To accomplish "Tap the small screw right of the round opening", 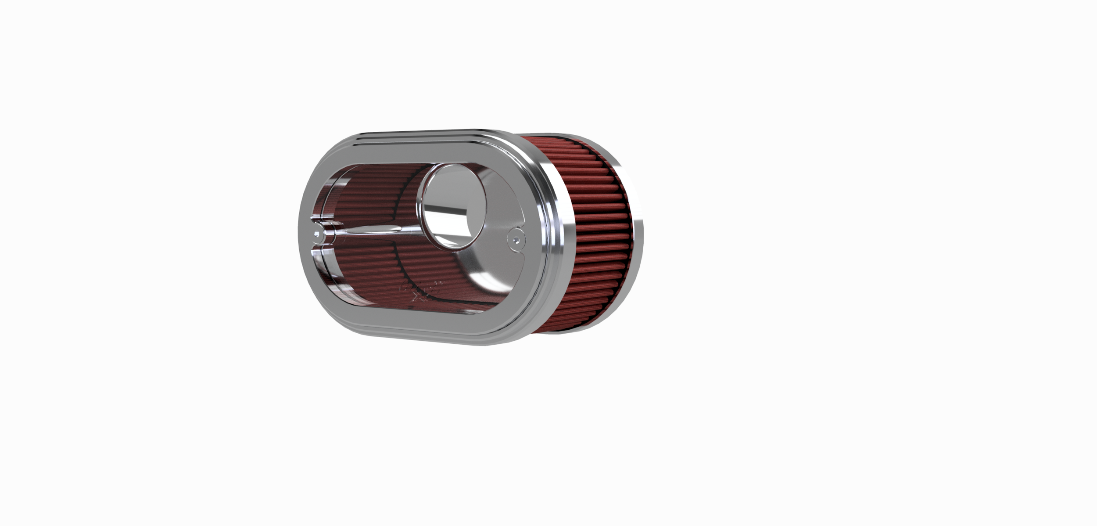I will [x=516, y=240].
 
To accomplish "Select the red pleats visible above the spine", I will [x=373, y=193].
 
